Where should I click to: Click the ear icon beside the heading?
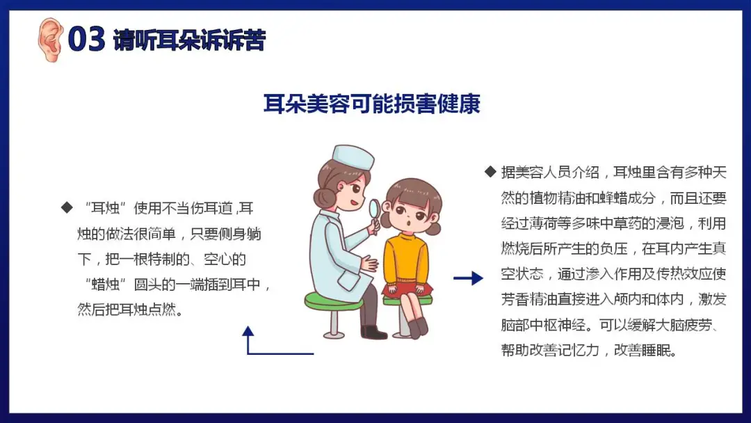pos(50,39)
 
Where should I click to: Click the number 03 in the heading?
pos(86,39)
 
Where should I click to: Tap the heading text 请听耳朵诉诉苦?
pos(189,40)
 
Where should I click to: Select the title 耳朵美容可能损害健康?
pos(371,104)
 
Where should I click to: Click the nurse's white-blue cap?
pos(353,157)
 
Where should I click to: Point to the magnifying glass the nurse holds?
pos(375,213)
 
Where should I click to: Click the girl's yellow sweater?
pos(406,259)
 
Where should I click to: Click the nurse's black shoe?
pos(373,331)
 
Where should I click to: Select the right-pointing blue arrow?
pos(469,278)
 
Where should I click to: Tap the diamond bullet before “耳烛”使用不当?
pos(67,207)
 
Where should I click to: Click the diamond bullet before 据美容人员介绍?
pos(490,172)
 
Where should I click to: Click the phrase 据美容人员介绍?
pos(550,172)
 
